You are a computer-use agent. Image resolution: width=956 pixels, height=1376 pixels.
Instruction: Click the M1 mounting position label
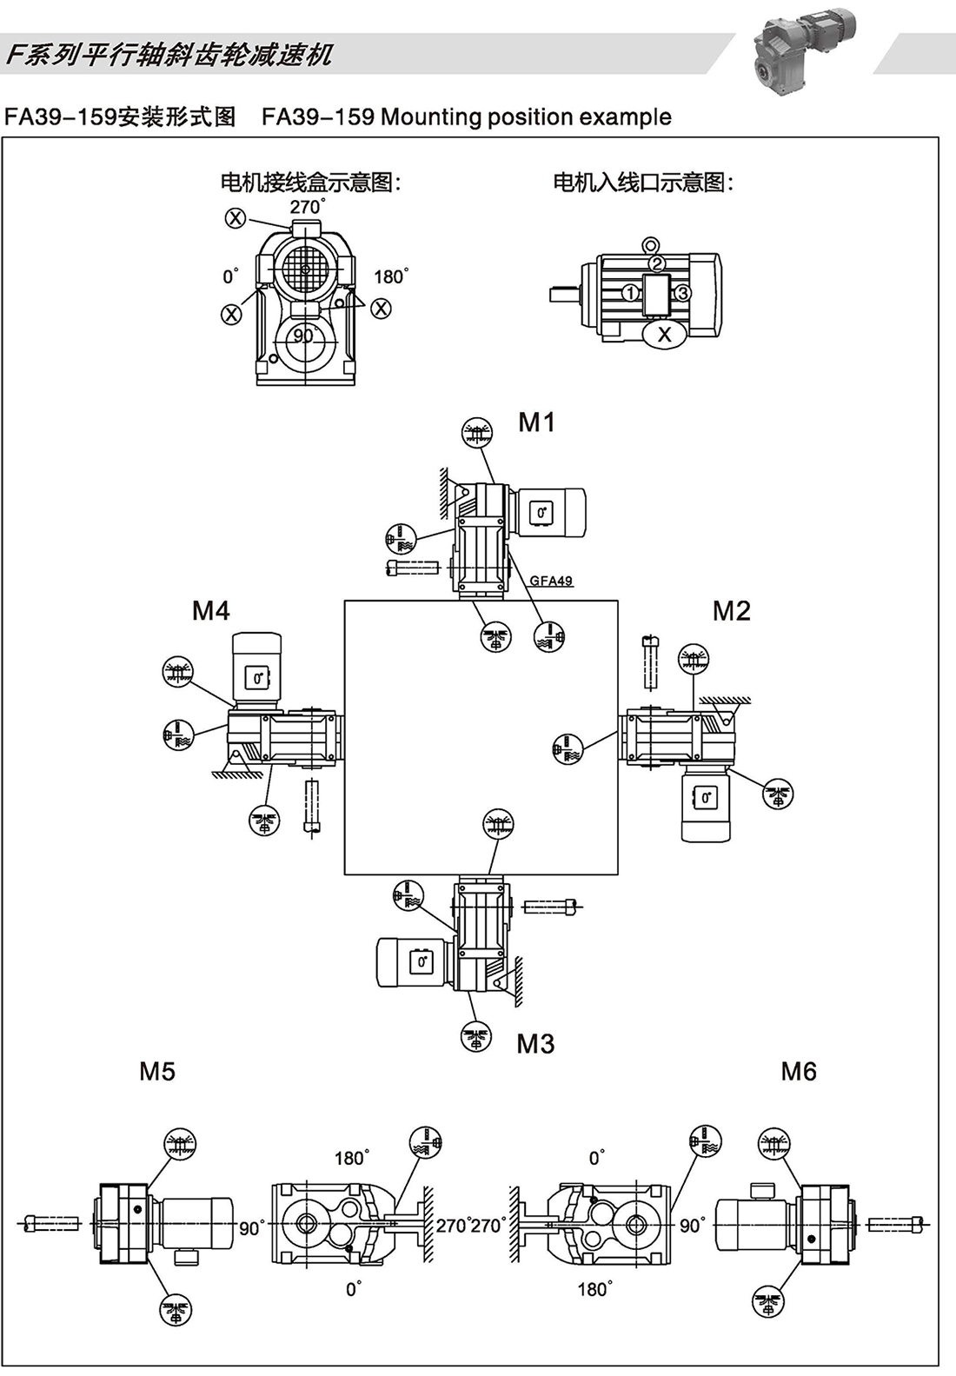(x=536, y=422)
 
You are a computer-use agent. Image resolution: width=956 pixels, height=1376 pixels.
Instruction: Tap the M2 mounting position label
(x=731, y=611)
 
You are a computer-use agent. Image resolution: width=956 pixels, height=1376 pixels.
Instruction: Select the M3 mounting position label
(x=535, y=1044)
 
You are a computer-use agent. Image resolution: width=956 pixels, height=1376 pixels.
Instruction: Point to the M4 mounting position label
(x=210, y=611)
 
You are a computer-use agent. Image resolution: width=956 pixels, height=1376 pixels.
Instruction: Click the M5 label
(x=157, y=1071)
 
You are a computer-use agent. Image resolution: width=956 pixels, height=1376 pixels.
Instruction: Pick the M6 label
(x=798, y=1071)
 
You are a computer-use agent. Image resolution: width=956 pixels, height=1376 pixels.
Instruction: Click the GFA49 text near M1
(x=551, y=581)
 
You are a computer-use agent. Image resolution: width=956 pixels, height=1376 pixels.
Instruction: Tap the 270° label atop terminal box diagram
(x=307, y=207)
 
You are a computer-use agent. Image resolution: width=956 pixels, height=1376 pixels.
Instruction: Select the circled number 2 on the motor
(x=657, y=263)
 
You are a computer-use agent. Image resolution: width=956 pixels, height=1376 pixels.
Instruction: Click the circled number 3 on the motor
(x=683, y=293)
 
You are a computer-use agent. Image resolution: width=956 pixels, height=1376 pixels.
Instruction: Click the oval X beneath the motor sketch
(x=665, y=334)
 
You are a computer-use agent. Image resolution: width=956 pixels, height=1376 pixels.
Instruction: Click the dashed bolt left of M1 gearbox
(x=408, y=568)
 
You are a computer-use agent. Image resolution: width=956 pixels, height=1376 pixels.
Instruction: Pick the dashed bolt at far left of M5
(x=52, y=1224)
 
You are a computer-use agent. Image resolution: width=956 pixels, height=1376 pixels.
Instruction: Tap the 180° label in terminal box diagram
(x=390, y=277)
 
